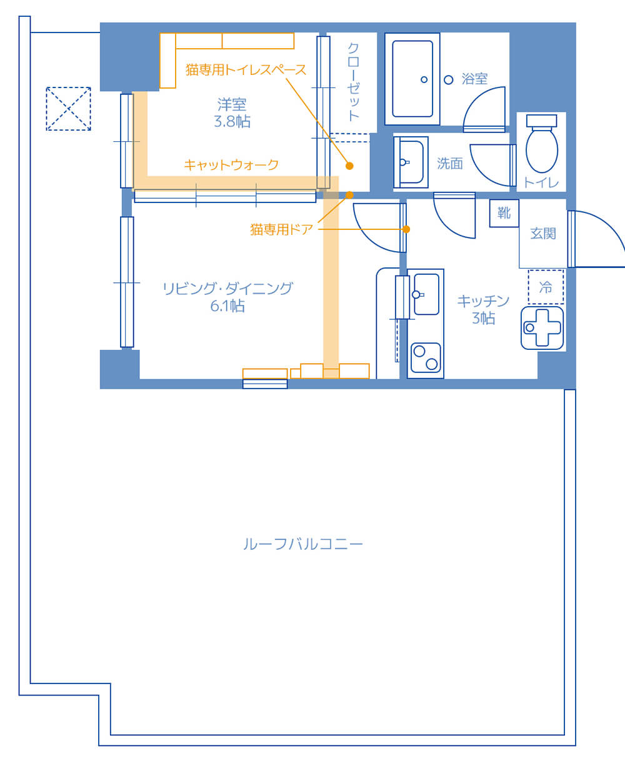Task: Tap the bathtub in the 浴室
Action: (412, 79)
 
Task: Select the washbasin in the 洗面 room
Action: (411, 162)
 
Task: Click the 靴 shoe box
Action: (504, 213)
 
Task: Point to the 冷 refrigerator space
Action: (546, 287)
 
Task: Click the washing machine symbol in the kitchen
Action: (542, 328)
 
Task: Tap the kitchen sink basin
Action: (426, 294)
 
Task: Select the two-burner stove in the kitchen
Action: (426, 357)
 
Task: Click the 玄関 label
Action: (543, 233)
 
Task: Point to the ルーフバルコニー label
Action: (303, 544)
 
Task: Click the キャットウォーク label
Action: (231, 165)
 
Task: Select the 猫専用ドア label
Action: (281, 229)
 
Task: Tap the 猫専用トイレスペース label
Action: (246, 70)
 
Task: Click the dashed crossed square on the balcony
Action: (68, 109)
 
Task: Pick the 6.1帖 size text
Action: (227, 306)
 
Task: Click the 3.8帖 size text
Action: (232, 122)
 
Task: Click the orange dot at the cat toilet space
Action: (349, 166)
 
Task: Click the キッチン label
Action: (483, 301)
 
